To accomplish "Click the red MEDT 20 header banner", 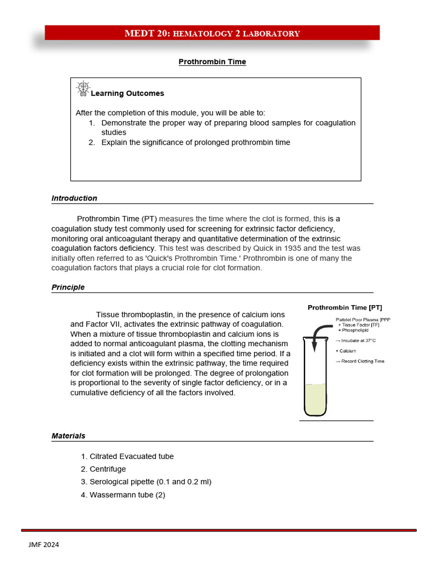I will pos(212,33).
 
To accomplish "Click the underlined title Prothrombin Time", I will pos(212,62).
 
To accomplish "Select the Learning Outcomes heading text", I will pos(127,94).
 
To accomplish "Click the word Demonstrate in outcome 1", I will pos(123,123).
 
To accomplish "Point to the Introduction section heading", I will pos(74,198).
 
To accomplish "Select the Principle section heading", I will pos(68,287).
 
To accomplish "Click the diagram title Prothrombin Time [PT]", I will pos(344,307).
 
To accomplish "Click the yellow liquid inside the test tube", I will pos(315,399).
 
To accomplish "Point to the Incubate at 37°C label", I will pos(357,341).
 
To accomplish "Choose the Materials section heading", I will pos(69,436).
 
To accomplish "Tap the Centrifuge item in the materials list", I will pos(107,470).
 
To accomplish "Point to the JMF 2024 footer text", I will pos(44,545).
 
